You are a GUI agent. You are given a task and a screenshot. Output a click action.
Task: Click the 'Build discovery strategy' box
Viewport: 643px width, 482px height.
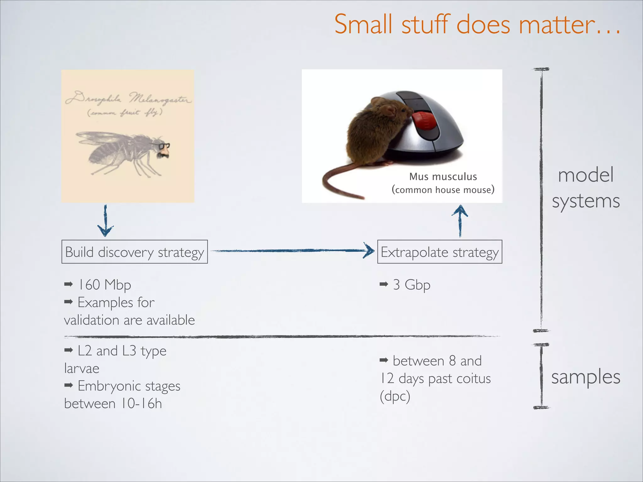click(x=134, y=252)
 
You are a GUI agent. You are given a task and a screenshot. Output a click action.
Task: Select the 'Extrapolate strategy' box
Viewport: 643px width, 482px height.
click(x=440, y=252)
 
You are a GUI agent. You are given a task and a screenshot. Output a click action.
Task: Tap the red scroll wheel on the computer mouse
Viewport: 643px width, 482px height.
click(x=424, y=121)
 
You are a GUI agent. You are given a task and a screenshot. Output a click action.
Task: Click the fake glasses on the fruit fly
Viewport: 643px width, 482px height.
click(x=164, y=146)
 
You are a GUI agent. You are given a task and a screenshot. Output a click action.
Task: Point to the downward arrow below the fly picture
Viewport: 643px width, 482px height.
click(x=105, y=221)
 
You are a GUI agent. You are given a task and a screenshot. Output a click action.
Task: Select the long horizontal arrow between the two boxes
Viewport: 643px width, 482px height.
click(x=292, y=251)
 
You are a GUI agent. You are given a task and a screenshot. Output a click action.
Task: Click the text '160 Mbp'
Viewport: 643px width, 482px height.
click(x=104, y=285)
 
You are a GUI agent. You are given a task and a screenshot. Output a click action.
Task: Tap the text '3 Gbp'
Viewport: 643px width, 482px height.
click(x=411, y=285)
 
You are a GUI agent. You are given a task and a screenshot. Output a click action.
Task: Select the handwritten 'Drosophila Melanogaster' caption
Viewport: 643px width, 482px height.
click(x=128, y=98)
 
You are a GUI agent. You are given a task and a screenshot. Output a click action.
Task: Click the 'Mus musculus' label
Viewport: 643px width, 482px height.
click(x=443, y=177)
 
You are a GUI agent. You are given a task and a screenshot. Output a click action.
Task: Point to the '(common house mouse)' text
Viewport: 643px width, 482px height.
click(x=443, y=190)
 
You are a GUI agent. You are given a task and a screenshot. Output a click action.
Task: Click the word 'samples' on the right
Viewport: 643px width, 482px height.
click(x=586, y=377)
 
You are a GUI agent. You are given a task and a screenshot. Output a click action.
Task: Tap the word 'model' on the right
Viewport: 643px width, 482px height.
click(x=586, y=175)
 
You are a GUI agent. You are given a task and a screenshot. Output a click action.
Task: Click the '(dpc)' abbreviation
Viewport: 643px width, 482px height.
click(x=395, y=396)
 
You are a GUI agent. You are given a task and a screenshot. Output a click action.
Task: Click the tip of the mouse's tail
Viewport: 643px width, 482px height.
click(x=363, y=198)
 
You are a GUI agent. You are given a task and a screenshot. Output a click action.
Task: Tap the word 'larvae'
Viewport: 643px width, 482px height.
click(x=82, y=368)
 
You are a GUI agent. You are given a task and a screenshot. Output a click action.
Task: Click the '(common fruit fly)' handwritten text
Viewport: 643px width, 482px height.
click(x=125, y=112)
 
